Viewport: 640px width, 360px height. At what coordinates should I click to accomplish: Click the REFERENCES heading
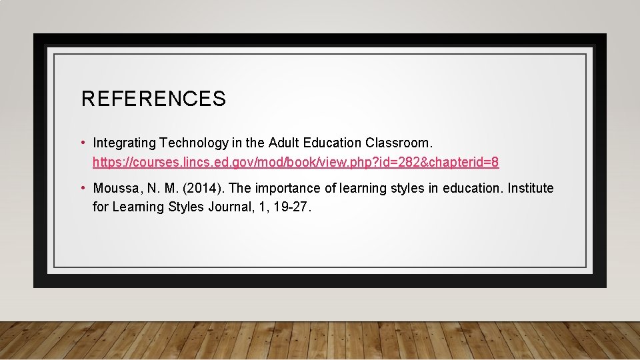pos(153,99)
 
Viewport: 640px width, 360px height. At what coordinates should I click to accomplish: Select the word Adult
pos(283,143)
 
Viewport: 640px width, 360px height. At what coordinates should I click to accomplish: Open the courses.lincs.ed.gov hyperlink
pos(295,162)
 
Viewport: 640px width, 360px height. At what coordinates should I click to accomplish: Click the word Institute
pos(531,189)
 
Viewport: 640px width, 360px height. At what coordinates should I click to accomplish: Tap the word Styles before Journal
pos(179,207)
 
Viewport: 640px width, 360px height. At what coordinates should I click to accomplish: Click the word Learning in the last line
pos(135,207)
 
